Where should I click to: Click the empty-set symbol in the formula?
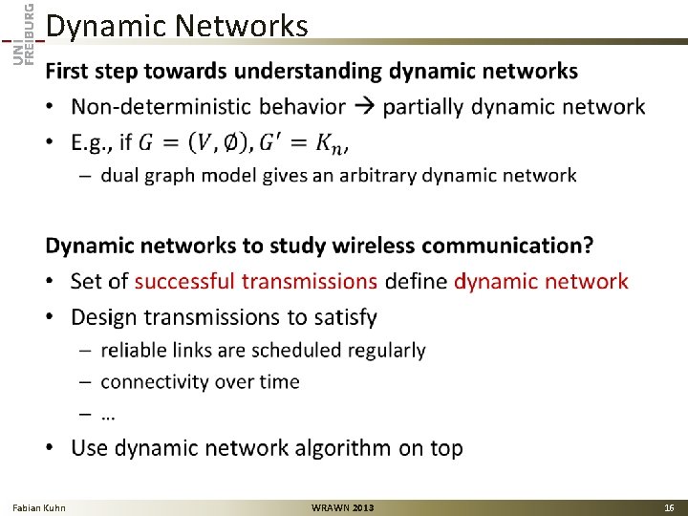pos(230,142)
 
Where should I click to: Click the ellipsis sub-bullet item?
pos(108,415)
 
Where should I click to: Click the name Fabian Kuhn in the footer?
pos(39,507)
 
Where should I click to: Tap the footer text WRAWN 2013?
pos(343,507)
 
